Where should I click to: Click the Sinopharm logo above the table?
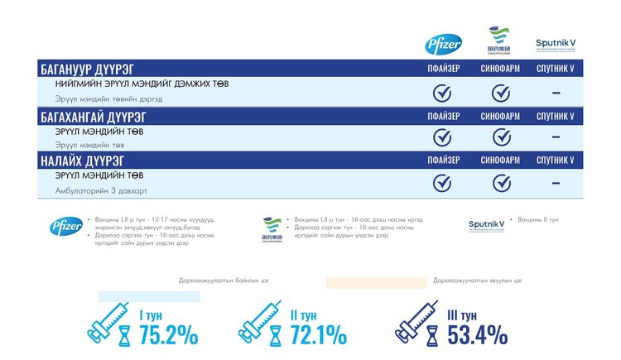point(499,41)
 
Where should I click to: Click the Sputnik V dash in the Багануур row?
point(556,93)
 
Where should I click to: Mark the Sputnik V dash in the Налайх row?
point(556,182)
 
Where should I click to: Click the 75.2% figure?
point(168,334)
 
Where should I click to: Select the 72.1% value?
point(318,334)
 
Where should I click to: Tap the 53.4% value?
point(477,334)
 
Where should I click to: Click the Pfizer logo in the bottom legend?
point(65,226)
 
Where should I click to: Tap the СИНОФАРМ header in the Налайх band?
point(500,160)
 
